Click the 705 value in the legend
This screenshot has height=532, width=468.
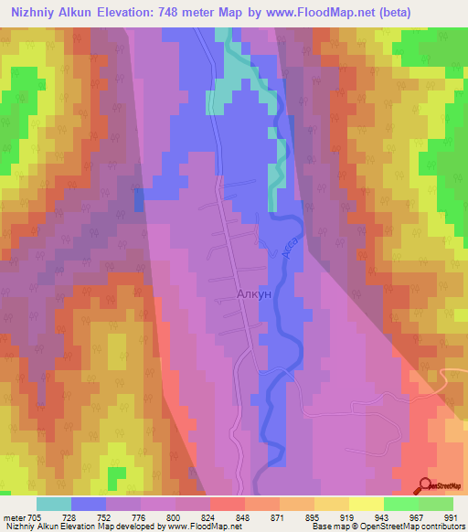tap(33, 516)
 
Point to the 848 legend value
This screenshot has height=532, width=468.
tap(244, 516)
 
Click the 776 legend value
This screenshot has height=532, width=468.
tap(140, 516)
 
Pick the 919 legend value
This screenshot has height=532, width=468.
tap(348, 516)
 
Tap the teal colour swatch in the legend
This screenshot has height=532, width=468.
tap(54, 504)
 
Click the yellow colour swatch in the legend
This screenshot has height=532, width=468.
tap(367, 504)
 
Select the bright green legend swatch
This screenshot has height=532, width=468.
tap(401, 504)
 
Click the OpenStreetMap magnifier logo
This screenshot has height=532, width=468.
tap(427, 485)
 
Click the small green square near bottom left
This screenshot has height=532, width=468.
tap(115, 475)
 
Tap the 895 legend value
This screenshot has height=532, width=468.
tap(314, 516)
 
